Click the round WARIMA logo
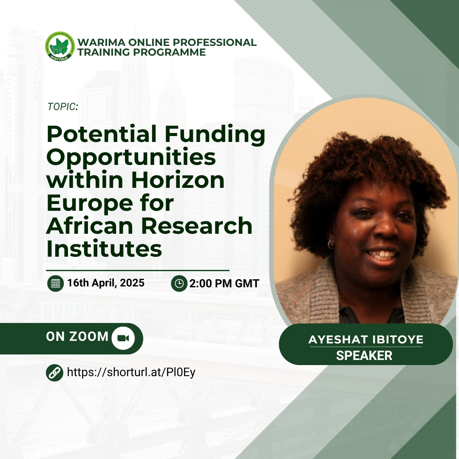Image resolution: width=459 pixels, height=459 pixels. coord(60,46)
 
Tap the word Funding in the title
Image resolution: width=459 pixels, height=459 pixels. coord(215,134)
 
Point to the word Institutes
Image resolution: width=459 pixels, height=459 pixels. coord(104,249)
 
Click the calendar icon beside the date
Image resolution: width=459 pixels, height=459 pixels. coord(55,283)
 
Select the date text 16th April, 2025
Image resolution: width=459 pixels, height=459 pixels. coord(106,283)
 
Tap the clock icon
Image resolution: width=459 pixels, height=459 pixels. coord(179,283)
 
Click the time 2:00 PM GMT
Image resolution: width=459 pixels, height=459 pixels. coord(224,283)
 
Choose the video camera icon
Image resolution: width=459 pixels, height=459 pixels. coord(123,338)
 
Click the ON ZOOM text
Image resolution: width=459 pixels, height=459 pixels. coord(77,337)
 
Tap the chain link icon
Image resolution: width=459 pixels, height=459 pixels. coord(54,373)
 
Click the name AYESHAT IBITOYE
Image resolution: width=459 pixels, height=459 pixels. coord(366,340)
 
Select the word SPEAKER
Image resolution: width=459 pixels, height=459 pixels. coord(364,355)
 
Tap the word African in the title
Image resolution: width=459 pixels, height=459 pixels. coord(92,226)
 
